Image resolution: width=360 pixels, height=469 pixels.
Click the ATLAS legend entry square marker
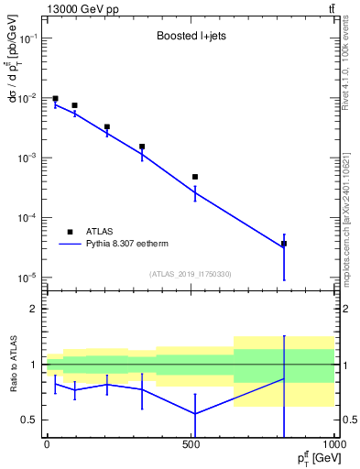pos(70,232)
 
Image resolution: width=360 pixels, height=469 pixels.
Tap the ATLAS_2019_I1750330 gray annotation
pos(191,274)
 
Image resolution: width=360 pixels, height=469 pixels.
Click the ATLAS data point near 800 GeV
pos(284,244)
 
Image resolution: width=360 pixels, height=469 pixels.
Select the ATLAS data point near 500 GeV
pos(195,177)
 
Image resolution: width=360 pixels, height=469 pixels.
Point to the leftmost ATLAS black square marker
pos(55,99)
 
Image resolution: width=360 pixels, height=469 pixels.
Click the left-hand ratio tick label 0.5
pos(29,420)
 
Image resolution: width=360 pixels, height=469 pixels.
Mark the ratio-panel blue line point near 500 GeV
pos(195,413)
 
